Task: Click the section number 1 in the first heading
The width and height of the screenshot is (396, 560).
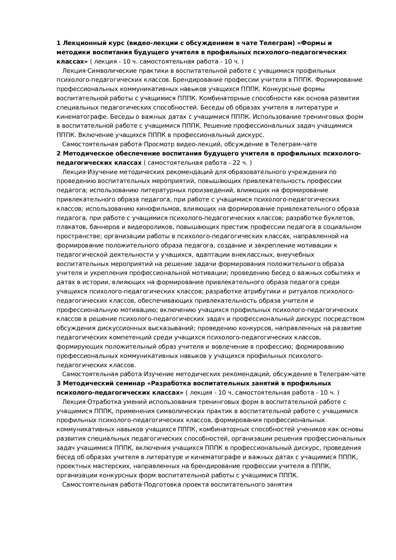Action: [58, 43]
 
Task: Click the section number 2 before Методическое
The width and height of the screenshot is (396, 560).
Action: [58, 154]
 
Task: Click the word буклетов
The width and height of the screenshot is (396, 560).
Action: [341, 218]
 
